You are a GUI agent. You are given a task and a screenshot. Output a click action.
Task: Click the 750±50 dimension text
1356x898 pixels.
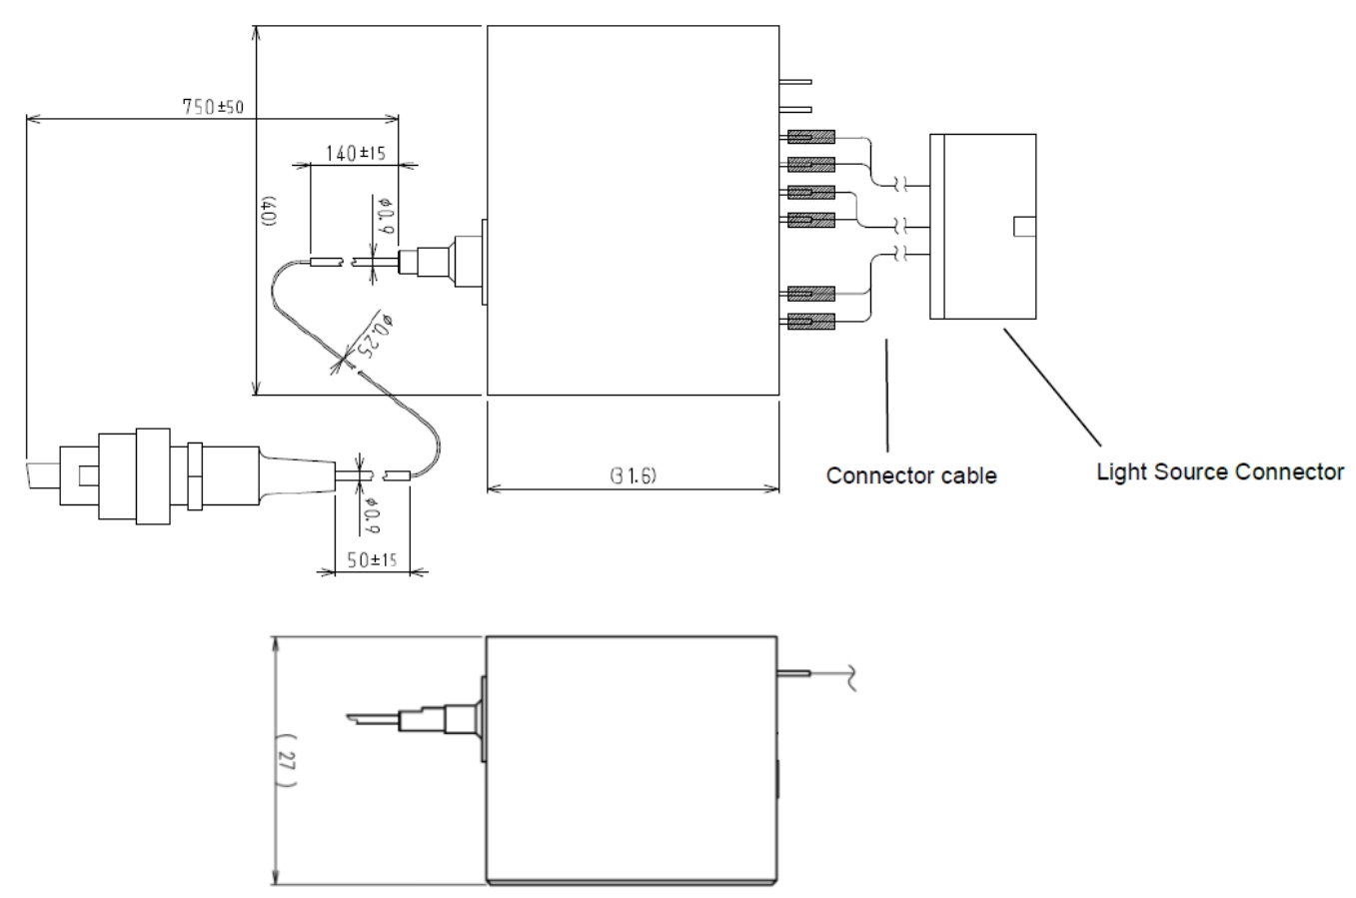[x=219, y=107]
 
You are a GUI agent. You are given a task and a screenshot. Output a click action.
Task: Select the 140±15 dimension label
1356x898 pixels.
[x=357, y=153]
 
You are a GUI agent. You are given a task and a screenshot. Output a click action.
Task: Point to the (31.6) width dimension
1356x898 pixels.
[x=632, y=476]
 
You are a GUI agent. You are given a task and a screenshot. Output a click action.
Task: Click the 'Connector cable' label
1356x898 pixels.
[x=910, y=475]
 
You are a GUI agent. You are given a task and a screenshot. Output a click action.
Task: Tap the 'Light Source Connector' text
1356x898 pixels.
[x=1219, y=471]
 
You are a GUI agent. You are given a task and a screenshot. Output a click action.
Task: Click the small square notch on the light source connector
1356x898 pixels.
[x=1023, y=227]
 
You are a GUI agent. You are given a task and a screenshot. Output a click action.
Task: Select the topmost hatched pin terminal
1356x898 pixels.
[x=810, y=137]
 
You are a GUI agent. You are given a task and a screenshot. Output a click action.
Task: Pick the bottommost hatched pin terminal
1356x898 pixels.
[x=810, y=322]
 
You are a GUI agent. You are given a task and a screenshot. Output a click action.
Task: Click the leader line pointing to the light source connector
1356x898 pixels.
[x=1052, y=388]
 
